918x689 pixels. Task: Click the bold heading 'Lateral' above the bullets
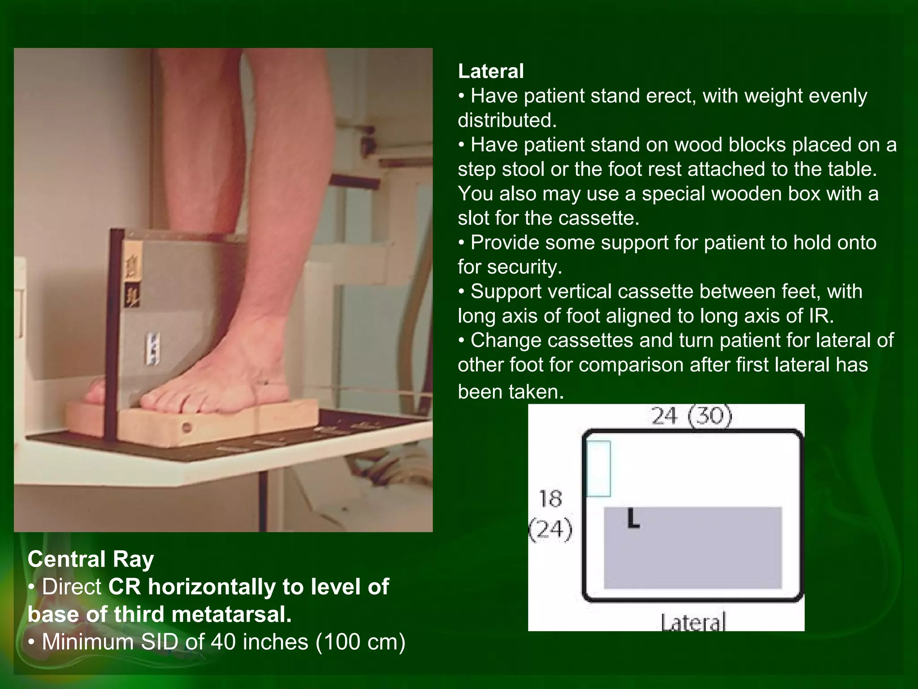coord(490,71)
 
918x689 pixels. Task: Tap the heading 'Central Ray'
coord(91,559)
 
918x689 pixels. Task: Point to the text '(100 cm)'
coord(360,642)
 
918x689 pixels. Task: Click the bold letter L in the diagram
coord(632,519)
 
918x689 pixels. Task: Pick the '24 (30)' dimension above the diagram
coord(691,416)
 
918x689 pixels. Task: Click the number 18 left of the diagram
coord(550,499)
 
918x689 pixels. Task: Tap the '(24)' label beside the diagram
coord(551,529)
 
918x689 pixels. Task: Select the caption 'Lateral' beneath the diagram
coord(693,623)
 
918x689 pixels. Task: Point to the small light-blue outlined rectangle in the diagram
coord(598,469)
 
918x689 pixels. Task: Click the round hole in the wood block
coord(187,427)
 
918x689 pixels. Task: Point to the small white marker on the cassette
coord(154,348)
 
